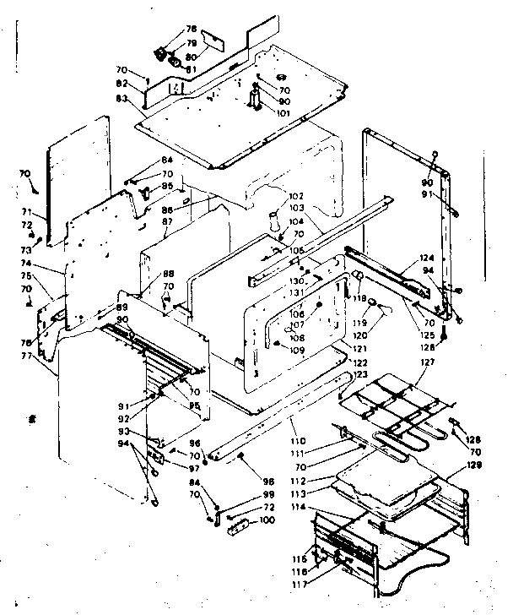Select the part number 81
pyautogui.click(x=192, y=69)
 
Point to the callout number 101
pyautogui.click(x=282, y=113)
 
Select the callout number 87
pyautogui.click(x=168, y=221)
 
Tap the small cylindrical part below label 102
pyautogui.click(x=273, y=223)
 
